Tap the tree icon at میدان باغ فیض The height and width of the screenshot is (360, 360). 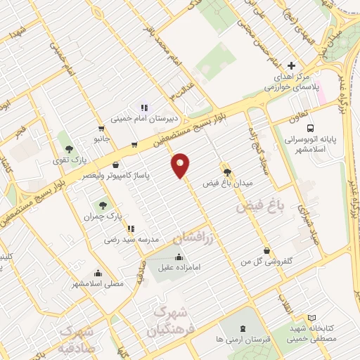coord(226,171)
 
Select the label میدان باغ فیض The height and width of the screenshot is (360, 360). coord(228,183)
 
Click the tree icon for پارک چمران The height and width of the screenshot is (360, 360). coord(103,205)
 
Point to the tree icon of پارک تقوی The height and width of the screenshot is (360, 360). coord(69,149)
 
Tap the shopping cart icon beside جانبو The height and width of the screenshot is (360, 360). coord(103,129)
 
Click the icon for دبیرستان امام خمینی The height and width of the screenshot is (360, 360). coord(144,108)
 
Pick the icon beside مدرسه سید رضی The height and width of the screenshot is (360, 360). coord(131,229)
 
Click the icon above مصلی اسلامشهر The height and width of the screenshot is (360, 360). coord(98,273)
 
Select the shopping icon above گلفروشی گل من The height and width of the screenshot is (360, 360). coord(266,251)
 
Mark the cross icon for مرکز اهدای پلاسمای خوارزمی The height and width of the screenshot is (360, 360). coord(291,65)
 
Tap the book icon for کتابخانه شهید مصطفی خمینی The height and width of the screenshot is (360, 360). coord(312,319)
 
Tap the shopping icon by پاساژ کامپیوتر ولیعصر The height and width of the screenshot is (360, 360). coord(115,165)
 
